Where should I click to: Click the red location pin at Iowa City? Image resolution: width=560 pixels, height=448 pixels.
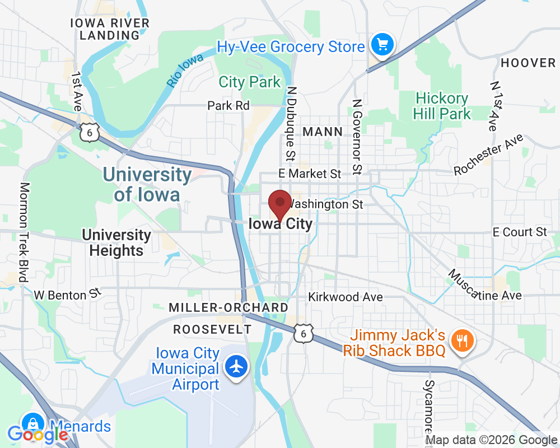point(279,203)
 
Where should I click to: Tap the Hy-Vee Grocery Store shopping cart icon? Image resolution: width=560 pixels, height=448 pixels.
point(383,44)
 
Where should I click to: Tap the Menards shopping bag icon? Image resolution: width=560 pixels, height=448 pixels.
point(33,424)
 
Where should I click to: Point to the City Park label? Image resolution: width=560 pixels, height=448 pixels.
point(249,82)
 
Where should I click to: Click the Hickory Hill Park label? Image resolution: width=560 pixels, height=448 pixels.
point(442,106)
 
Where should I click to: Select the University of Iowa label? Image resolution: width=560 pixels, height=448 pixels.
point(147,184)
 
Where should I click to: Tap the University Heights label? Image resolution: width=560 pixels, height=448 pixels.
point(116,242)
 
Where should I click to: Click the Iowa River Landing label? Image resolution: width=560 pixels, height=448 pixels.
point(109,29)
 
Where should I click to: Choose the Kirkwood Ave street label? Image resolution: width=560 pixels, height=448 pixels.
point(346,297)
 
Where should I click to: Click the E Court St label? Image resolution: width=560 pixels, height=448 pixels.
point(519,232)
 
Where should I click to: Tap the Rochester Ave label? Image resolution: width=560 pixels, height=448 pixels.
point(488,154)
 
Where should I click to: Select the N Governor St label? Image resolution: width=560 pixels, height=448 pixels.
point(356,137)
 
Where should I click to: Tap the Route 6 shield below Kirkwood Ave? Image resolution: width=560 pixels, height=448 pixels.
point(303,333)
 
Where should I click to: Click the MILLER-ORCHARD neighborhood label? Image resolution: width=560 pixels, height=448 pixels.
point(228,307)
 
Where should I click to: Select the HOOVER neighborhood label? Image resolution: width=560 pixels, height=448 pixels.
point(528,63)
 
